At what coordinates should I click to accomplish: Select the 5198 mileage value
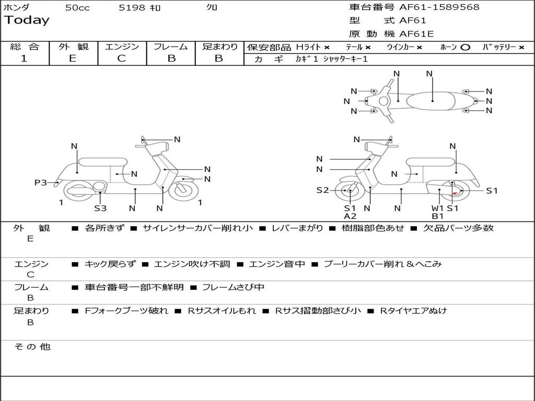click(132, 8)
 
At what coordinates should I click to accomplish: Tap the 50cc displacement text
click(77, 8)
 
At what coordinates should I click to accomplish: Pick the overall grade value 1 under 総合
click(24, 58)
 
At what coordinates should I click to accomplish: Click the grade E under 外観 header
click(73, 58)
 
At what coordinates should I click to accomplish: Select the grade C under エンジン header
click(121, 58)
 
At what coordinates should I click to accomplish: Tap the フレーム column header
click(170, 46)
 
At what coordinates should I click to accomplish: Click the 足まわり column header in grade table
click(219, 46)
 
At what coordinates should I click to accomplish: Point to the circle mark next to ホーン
click(465, 47)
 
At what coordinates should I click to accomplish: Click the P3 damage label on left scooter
click(40, 182)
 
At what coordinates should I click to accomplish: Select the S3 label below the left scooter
click(100, 208)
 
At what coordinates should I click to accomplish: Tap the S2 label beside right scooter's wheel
click(322, 190)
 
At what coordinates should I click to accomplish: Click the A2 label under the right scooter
click(350, 216)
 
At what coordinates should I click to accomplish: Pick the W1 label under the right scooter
click(437, 208)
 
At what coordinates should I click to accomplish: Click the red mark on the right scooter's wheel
click(455, 193)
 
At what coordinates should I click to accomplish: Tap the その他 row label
click(32, 347)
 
